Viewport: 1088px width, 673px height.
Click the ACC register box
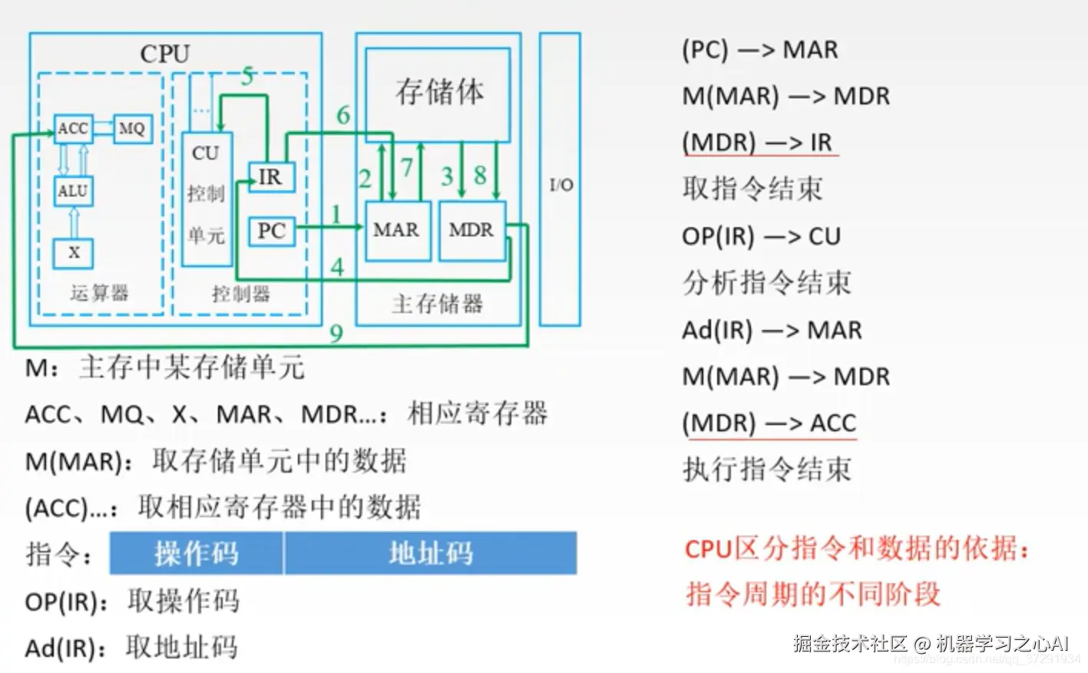click(74, 129)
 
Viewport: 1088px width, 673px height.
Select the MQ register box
click(132, 129)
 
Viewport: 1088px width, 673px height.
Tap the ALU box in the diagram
click(74, 190)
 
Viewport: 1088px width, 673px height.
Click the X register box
click(74, 252)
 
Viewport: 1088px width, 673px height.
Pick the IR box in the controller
click(270, 177)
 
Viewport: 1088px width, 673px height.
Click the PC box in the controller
click(271, 230)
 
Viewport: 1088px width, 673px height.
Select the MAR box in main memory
click(396, 230)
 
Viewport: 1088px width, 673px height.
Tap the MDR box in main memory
click(471, 230)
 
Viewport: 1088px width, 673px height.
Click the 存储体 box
click(438, 92)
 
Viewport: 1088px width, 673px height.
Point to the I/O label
click(561, 185)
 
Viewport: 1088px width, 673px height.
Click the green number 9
click(336, 333)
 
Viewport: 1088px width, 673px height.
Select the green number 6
click(343, 115)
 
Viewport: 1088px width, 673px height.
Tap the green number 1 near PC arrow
click(336, 214)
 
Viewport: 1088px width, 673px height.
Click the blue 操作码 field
click(197, 553)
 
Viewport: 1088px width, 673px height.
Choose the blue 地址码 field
click(431, 553)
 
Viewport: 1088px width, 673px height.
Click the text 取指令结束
click(752, 189)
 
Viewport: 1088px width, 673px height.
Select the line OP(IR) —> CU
click(761, 236)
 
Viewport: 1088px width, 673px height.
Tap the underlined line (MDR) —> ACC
click(769, 424)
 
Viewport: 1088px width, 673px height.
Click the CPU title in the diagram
click(164, 54)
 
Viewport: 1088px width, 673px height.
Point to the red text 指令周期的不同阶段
click(813, 594)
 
